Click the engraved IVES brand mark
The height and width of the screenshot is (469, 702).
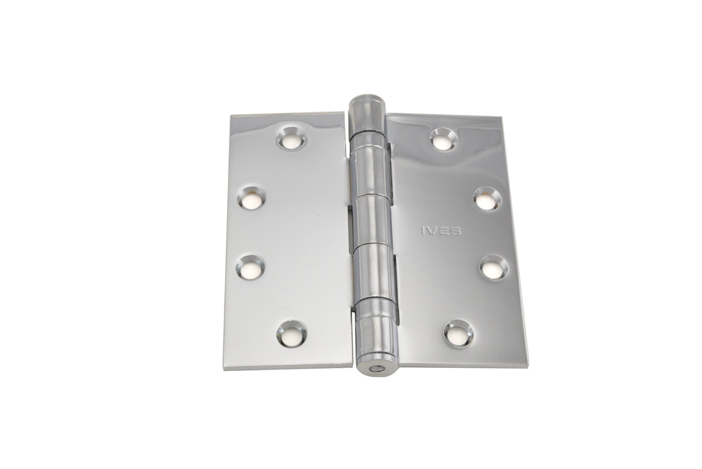pos(441,231)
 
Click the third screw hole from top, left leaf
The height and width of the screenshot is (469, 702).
pos(251,268)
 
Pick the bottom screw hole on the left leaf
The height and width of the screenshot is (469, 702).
pos(291,333)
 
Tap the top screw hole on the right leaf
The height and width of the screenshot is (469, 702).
pos(444,140)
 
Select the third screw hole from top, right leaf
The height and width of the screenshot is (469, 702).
pos(494,267)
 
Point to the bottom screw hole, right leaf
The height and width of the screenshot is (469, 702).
pos(459,334)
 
